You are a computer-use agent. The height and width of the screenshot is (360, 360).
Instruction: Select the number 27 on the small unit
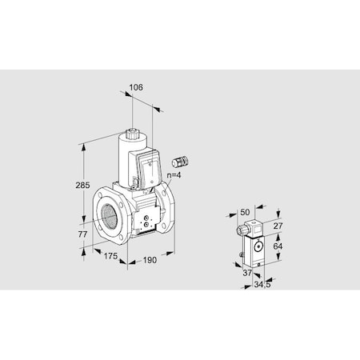coord(279,227)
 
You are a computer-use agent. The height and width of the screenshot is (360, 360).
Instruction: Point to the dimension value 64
coord(279,246)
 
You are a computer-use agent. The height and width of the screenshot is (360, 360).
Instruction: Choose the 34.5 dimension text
coord(262,284)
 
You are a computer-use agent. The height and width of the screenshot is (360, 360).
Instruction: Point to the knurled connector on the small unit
coord(242,230)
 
